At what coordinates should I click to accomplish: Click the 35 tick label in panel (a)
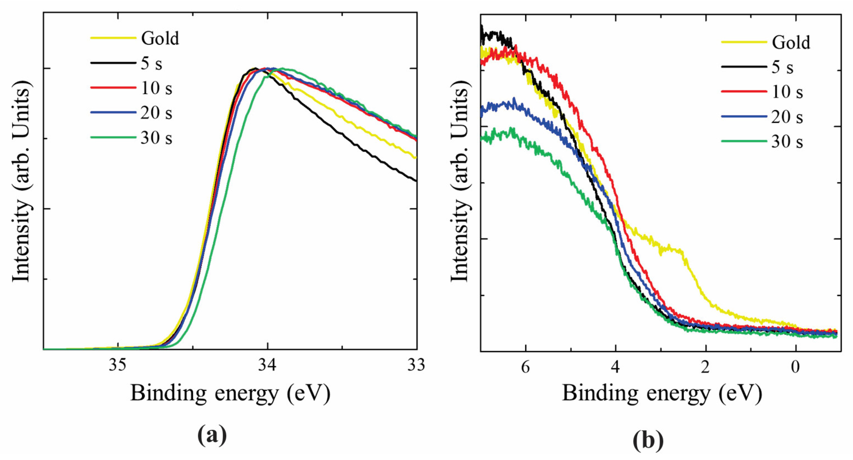pos(117,365)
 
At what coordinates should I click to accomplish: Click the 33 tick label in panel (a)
pos(416,365)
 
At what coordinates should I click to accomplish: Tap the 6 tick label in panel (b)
pos(525,367)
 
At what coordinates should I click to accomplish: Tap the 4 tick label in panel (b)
pos(615,367)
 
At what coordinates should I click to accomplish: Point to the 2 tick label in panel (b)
pos(705,367)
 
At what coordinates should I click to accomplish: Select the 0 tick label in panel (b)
pos(795,367)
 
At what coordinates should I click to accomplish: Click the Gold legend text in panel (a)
pos(160,39)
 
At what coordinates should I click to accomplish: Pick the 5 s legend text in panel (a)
pos(151,63)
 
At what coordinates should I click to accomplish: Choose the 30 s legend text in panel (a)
pos(156,138)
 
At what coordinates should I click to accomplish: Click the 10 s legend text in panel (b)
pos(787,92)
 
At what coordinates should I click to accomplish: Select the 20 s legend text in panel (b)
pos(787,117)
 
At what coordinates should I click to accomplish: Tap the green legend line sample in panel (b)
pos(744,142)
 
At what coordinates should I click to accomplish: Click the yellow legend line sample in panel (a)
pos(113,38)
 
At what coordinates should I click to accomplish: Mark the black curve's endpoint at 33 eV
pos(416,181)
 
